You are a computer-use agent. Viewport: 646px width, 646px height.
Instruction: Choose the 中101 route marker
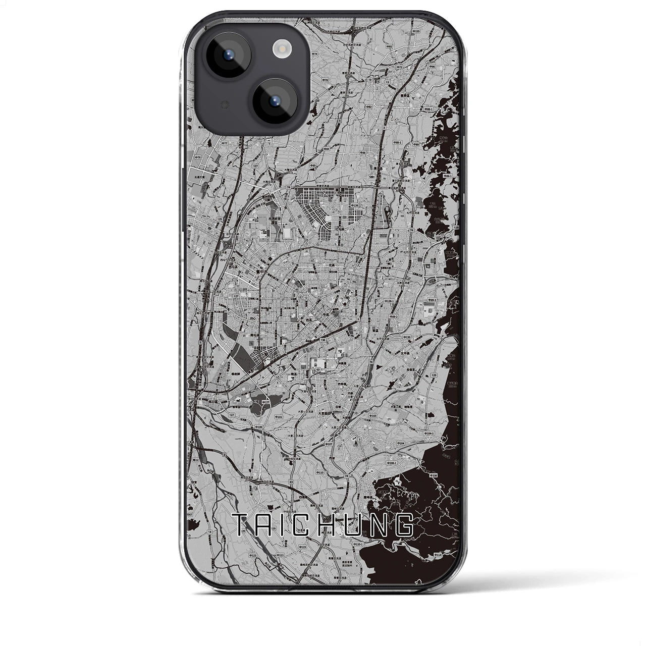pos(278,417)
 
